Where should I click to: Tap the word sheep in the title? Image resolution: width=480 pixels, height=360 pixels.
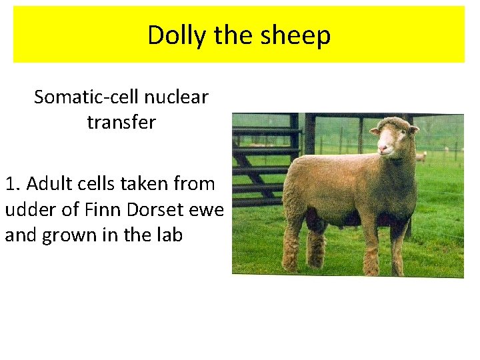tap(298, 35)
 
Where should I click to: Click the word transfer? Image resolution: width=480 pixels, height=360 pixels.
tap(121, 123)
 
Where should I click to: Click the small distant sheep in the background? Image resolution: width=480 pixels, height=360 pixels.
tap(421, 157)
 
